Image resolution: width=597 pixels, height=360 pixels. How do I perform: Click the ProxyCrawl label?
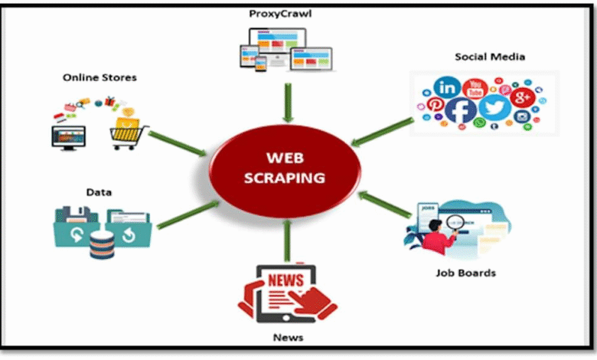[280, 14]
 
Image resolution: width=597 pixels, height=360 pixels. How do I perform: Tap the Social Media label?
[490, 57]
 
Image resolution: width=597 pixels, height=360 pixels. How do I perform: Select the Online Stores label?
[99, 77]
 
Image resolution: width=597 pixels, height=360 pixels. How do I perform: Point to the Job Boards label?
[465, 273]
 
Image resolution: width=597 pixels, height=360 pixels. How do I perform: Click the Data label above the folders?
[99, 192]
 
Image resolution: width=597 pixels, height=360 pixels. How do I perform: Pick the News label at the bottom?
[288, 337]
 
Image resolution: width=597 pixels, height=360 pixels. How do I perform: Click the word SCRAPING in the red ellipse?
[285, 178]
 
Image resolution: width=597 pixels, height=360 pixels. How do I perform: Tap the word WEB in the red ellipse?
[285, 158]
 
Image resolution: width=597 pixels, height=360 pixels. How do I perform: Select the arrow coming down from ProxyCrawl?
[289, 103]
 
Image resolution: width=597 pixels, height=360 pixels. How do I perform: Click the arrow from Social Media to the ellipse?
[382, 132]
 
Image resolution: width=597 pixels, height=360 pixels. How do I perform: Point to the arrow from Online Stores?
[178, 144]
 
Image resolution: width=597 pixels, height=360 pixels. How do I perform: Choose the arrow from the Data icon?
[188, 215]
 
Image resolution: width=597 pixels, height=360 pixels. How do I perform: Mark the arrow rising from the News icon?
[287, 241]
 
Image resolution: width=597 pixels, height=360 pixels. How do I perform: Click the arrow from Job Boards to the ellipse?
[385, 205]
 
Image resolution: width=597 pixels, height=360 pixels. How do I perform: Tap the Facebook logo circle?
[460, 110]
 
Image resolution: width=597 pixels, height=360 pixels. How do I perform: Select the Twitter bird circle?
[494, 107]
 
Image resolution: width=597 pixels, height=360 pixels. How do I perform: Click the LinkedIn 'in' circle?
[447, 88]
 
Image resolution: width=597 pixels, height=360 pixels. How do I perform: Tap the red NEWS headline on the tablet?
[286, 280]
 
